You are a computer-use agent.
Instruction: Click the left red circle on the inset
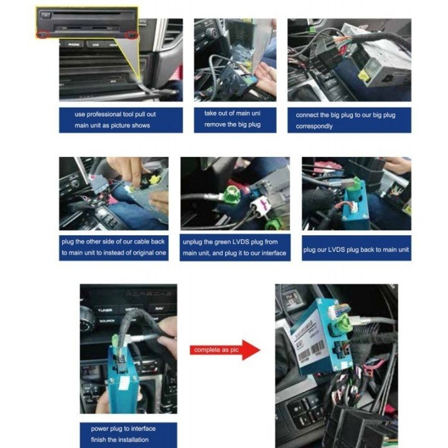tap(42, 34)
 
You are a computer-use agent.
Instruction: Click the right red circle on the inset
tap(131, 36)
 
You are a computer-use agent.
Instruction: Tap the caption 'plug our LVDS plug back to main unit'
tap(356, 250)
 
